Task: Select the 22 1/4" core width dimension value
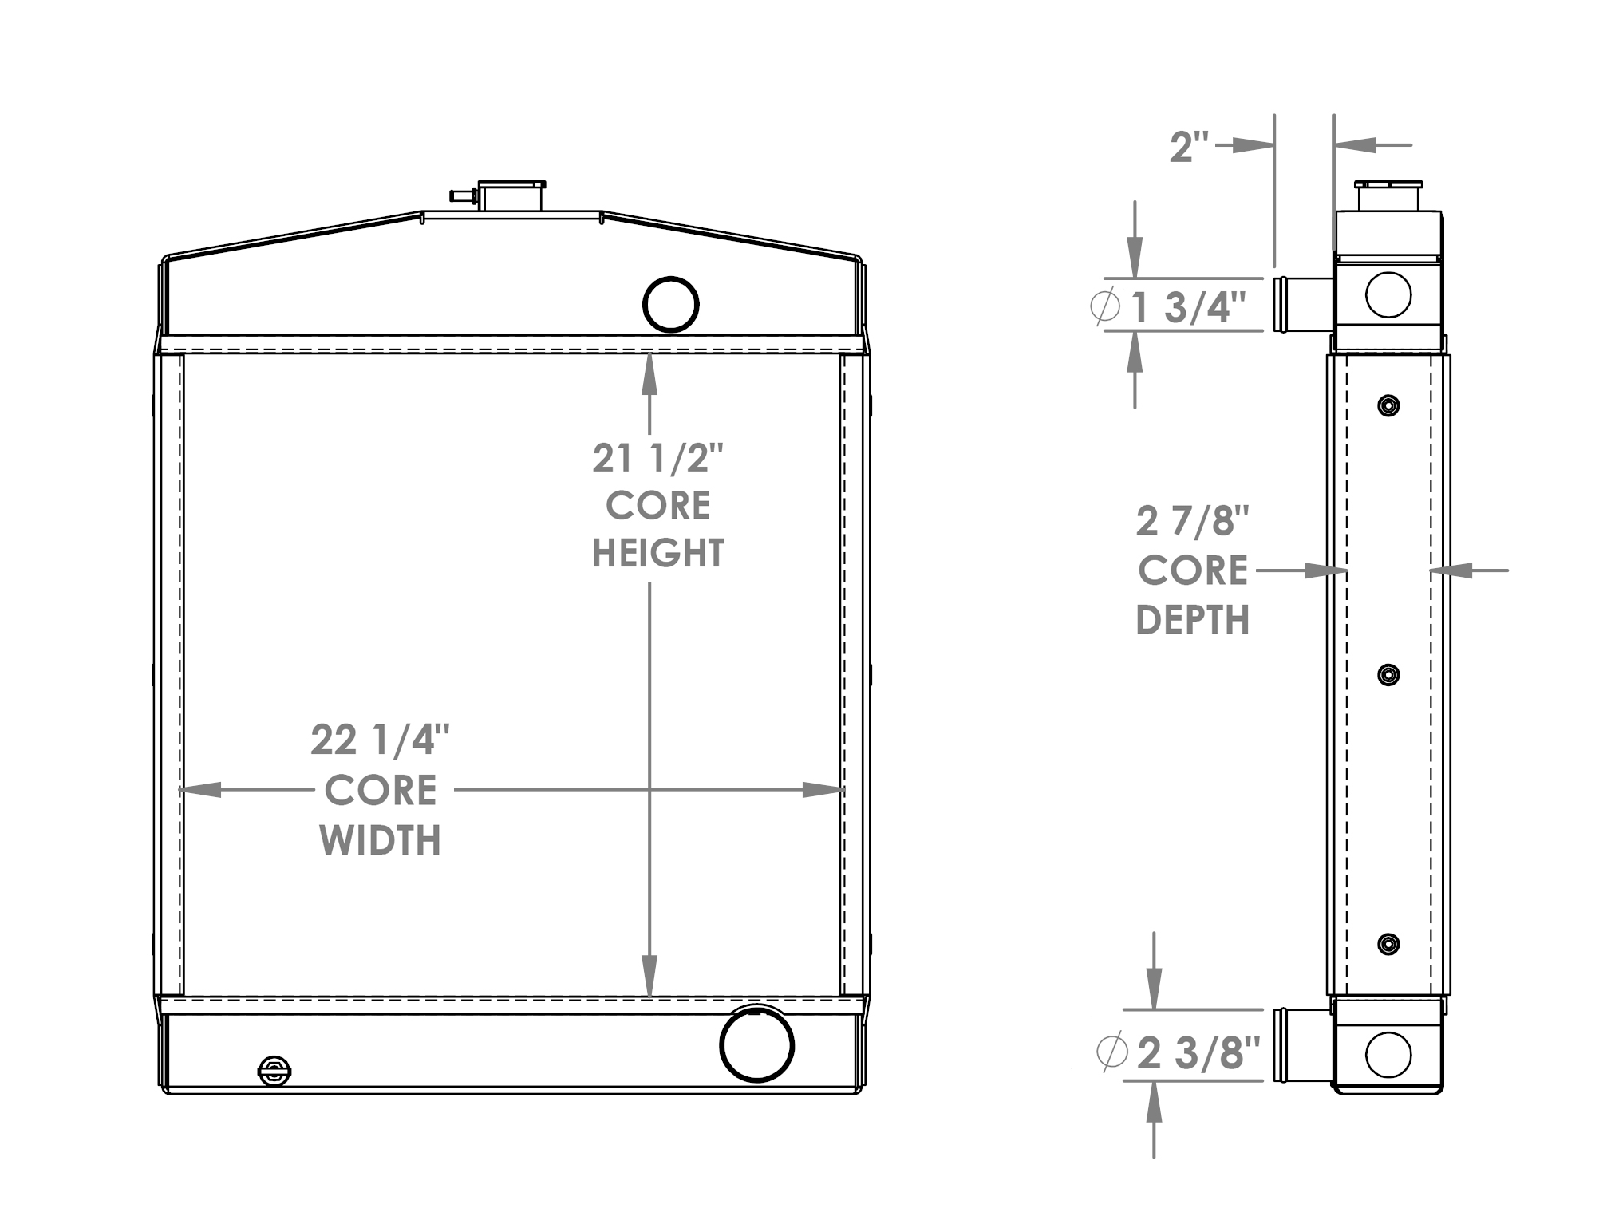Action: [380, 740]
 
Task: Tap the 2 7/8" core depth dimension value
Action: [1192, 522]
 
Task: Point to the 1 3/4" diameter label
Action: [1187, 307]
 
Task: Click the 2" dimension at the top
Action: [1188, 147]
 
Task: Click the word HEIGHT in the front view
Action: [657, 554]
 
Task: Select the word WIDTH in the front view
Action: [380, 840]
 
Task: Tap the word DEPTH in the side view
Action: [1192, 620]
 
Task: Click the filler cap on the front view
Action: [511, 195]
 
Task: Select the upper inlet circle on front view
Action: [670, 304]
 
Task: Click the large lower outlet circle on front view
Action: [756, 1044]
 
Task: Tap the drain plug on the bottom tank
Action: [274, 1072]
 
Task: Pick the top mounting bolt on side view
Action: [1388, 406]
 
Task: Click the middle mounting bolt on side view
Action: [1388, 675]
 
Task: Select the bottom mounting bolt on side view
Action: [1388, 944]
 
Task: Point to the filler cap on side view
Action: [1388, 195]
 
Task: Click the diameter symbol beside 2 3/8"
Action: [1111, 1052]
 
